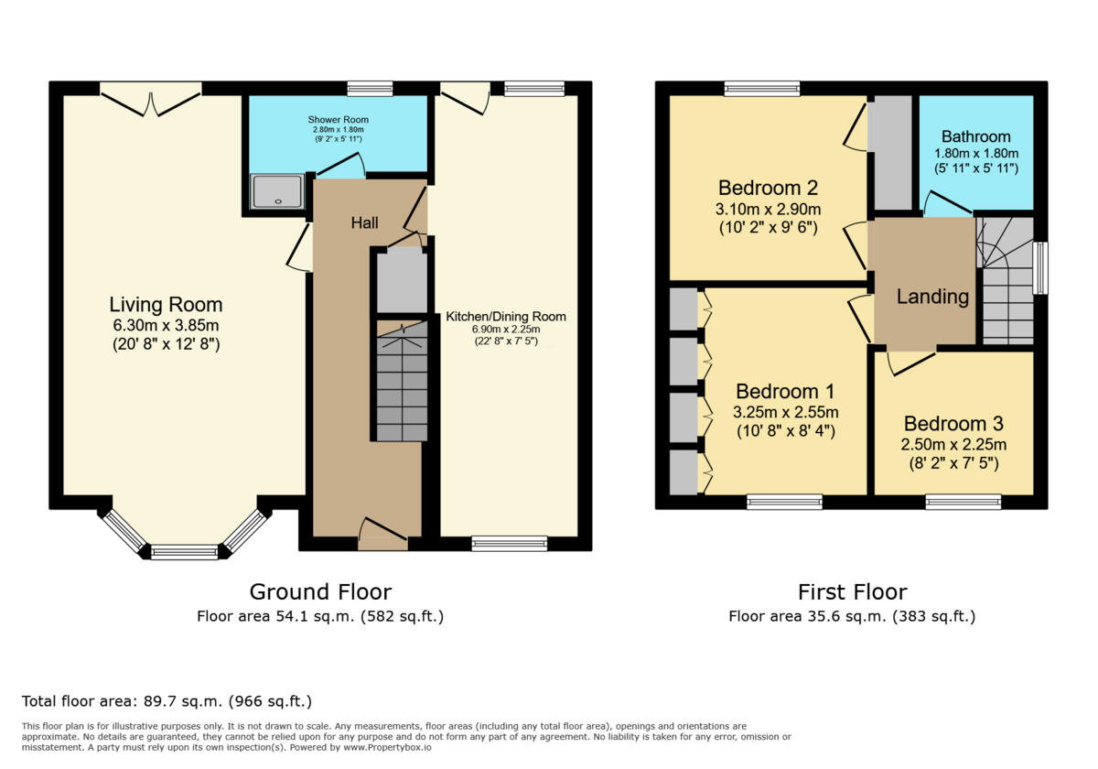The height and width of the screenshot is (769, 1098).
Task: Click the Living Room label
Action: pyautogui.click(x=166, y=305)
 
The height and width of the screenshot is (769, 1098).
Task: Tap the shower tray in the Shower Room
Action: pyautogui.click(x=276, y=191)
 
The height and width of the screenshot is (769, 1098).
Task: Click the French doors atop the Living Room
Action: pyautogui.click(x=151, y=99)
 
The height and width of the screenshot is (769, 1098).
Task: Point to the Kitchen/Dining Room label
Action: pyautogui.click(x=506, y=317)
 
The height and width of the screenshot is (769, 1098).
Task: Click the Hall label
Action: pyautogui.click(x=363, y=222)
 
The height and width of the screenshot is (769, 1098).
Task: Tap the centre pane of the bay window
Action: pyautogui.click(x=184, y=551)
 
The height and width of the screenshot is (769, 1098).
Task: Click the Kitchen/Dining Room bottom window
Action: pyautogui.click(x=509, y=544)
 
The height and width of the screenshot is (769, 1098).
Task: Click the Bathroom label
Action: pyautogui.click(x=975, y=136)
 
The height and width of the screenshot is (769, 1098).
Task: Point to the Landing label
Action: pyautogui.click(x=932, y=297)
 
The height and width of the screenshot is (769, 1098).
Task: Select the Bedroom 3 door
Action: pyautogui.click(x=910, y=361)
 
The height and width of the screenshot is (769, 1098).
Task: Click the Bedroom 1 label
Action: pyautogui.click(x=786, y=392)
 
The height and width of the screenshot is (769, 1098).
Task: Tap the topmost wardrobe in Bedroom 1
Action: pyautogui.click(x=683, y=309)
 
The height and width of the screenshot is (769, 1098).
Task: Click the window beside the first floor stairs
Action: pyautogui.click(x=1039, y=267)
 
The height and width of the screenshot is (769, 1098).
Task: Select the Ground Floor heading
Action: pyautogui.click(x=320, y=591)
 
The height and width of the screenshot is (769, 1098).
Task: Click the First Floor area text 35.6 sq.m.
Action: pyautogui.click(x=851, y=616)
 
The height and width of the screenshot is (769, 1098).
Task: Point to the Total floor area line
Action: pyautogui.click(x=167, y=701)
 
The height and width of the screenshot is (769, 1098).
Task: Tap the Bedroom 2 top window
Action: pyautogui.click(x=761, y=89)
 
